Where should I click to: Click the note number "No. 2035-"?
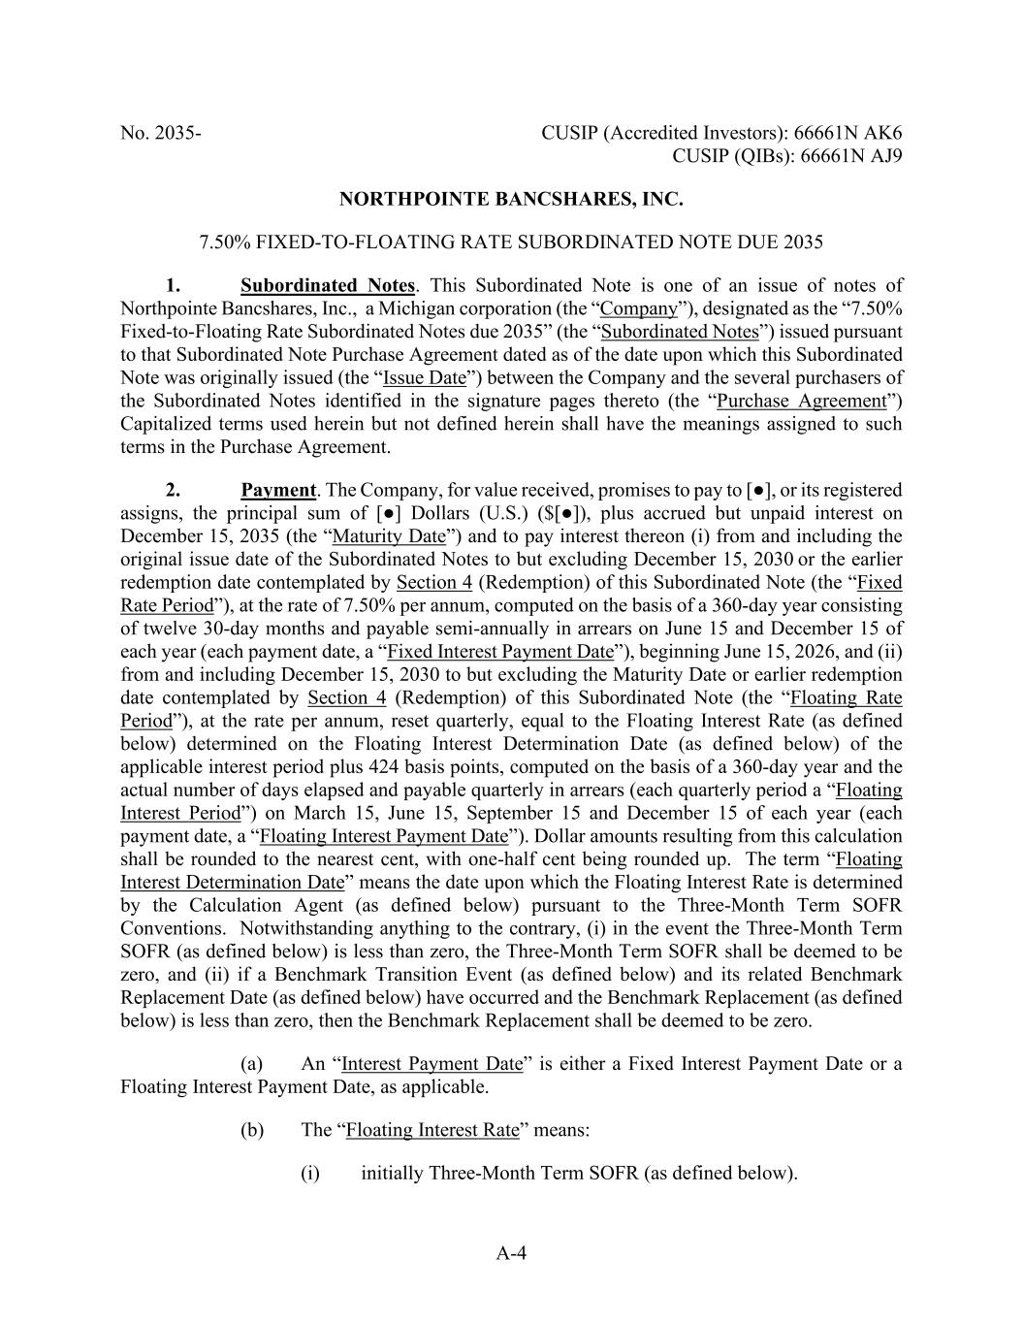coord(161,133)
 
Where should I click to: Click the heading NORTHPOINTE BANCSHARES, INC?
coord(511,200)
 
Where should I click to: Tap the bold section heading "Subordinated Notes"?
coord(329,285)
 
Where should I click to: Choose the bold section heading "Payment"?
coord(278,490)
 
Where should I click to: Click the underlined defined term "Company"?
coord(639,308)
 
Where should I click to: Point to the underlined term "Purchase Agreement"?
coord(801,401)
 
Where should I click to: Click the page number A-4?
coord(511,1253)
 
